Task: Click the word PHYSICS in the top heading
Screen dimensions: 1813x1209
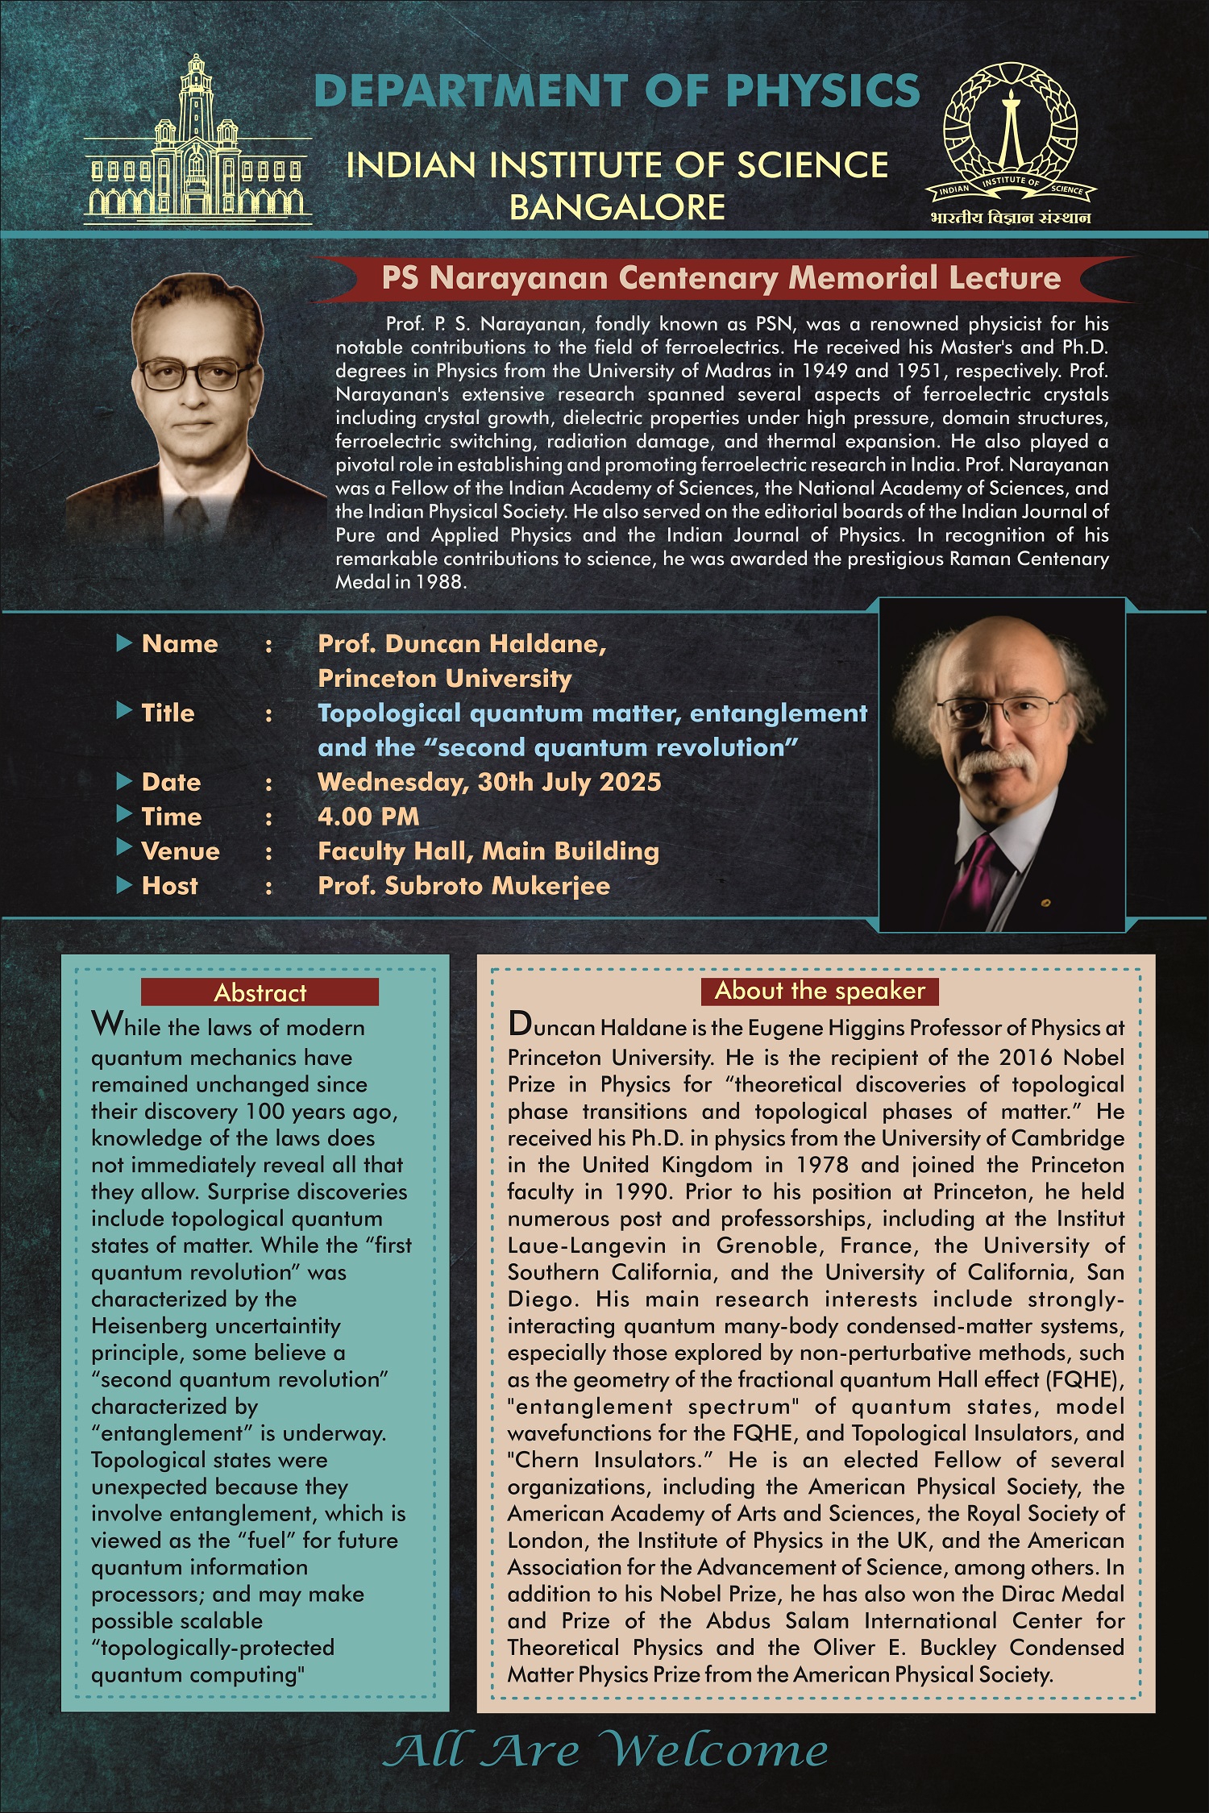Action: pos(823,90)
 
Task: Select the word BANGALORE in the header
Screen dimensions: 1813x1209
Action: pos(617,207)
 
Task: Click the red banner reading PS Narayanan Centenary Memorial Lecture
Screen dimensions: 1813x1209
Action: pos(721,278)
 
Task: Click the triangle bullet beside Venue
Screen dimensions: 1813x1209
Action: pos(124,848)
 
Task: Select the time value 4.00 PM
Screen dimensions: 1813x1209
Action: pos(368,817)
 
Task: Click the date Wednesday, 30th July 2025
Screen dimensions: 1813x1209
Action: pos(489,782)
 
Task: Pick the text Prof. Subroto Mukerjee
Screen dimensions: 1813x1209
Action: pos(463,886)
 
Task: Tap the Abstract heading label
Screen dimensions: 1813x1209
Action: pos(260,992)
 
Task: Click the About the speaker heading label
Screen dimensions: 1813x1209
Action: pos(820,991)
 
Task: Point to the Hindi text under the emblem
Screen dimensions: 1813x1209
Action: pos(1010,218)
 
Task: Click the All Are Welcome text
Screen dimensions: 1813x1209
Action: pos(604,1751)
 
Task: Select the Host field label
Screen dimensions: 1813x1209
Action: pos(169,886)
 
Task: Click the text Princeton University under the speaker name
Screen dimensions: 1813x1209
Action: pos(444,679)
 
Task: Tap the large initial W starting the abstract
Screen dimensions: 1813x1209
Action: pos(106,1025)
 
